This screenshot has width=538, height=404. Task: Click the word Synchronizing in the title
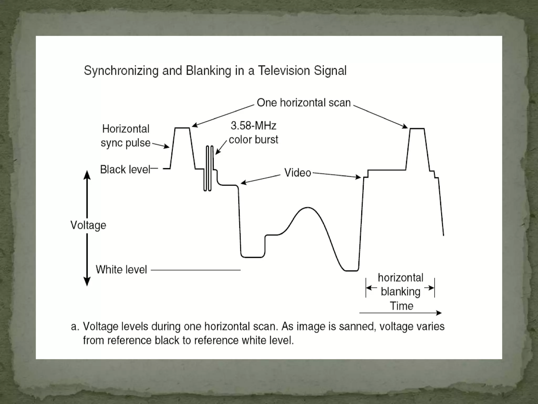click(121, 71)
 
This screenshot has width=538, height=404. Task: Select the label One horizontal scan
click(304, 103)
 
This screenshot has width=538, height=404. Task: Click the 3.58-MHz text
click(254, 126)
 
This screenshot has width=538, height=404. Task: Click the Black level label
click(125, 170)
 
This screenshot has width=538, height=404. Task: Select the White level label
click(121, 270)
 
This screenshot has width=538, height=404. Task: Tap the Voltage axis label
click(88, 225)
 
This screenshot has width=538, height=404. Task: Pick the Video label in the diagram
click(298, 173)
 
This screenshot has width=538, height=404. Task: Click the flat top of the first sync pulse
click(182, 128)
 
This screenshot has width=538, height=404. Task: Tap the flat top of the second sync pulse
click(417, 129)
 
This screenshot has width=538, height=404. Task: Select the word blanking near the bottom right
click(400, 292)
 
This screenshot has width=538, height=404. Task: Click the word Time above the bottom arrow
click(401, 306)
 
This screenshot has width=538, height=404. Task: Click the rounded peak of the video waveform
click(307, 208)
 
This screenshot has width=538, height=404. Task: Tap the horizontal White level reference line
click(196, 270)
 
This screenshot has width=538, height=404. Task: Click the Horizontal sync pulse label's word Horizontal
click(126, 129)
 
